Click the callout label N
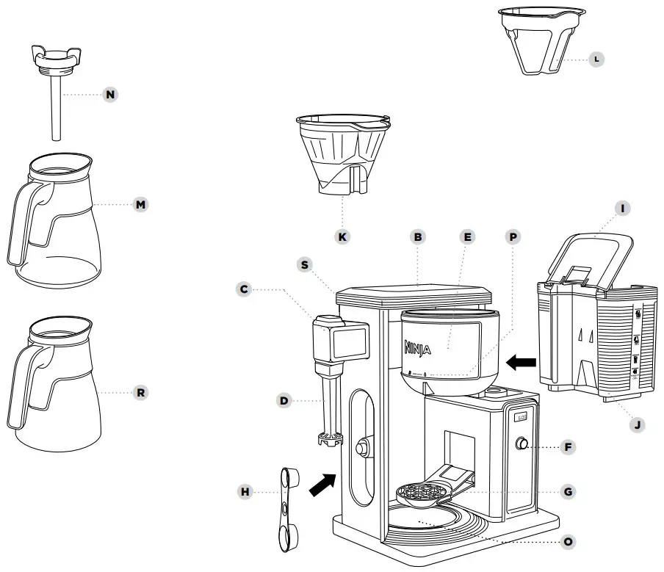coord(110,95)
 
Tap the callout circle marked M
coord(140,204)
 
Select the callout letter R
coord(140,393)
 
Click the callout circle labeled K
coord(343,236)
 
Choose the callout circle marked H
coord(245,492)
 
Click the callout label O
coord(567,542)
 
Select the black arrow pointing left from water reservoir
coord(521,361)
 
